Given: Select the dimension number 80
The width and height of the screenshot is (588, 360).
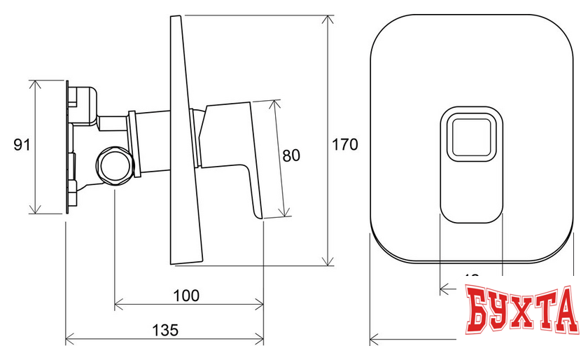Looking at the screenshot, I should [x=291, y=155].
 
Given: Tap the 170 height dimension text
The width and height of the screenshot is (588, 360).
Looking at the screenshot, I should [x=345, y=145].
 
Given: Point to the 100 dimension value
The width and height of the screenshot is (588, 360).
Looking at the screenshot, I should [x=186, y=295].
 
